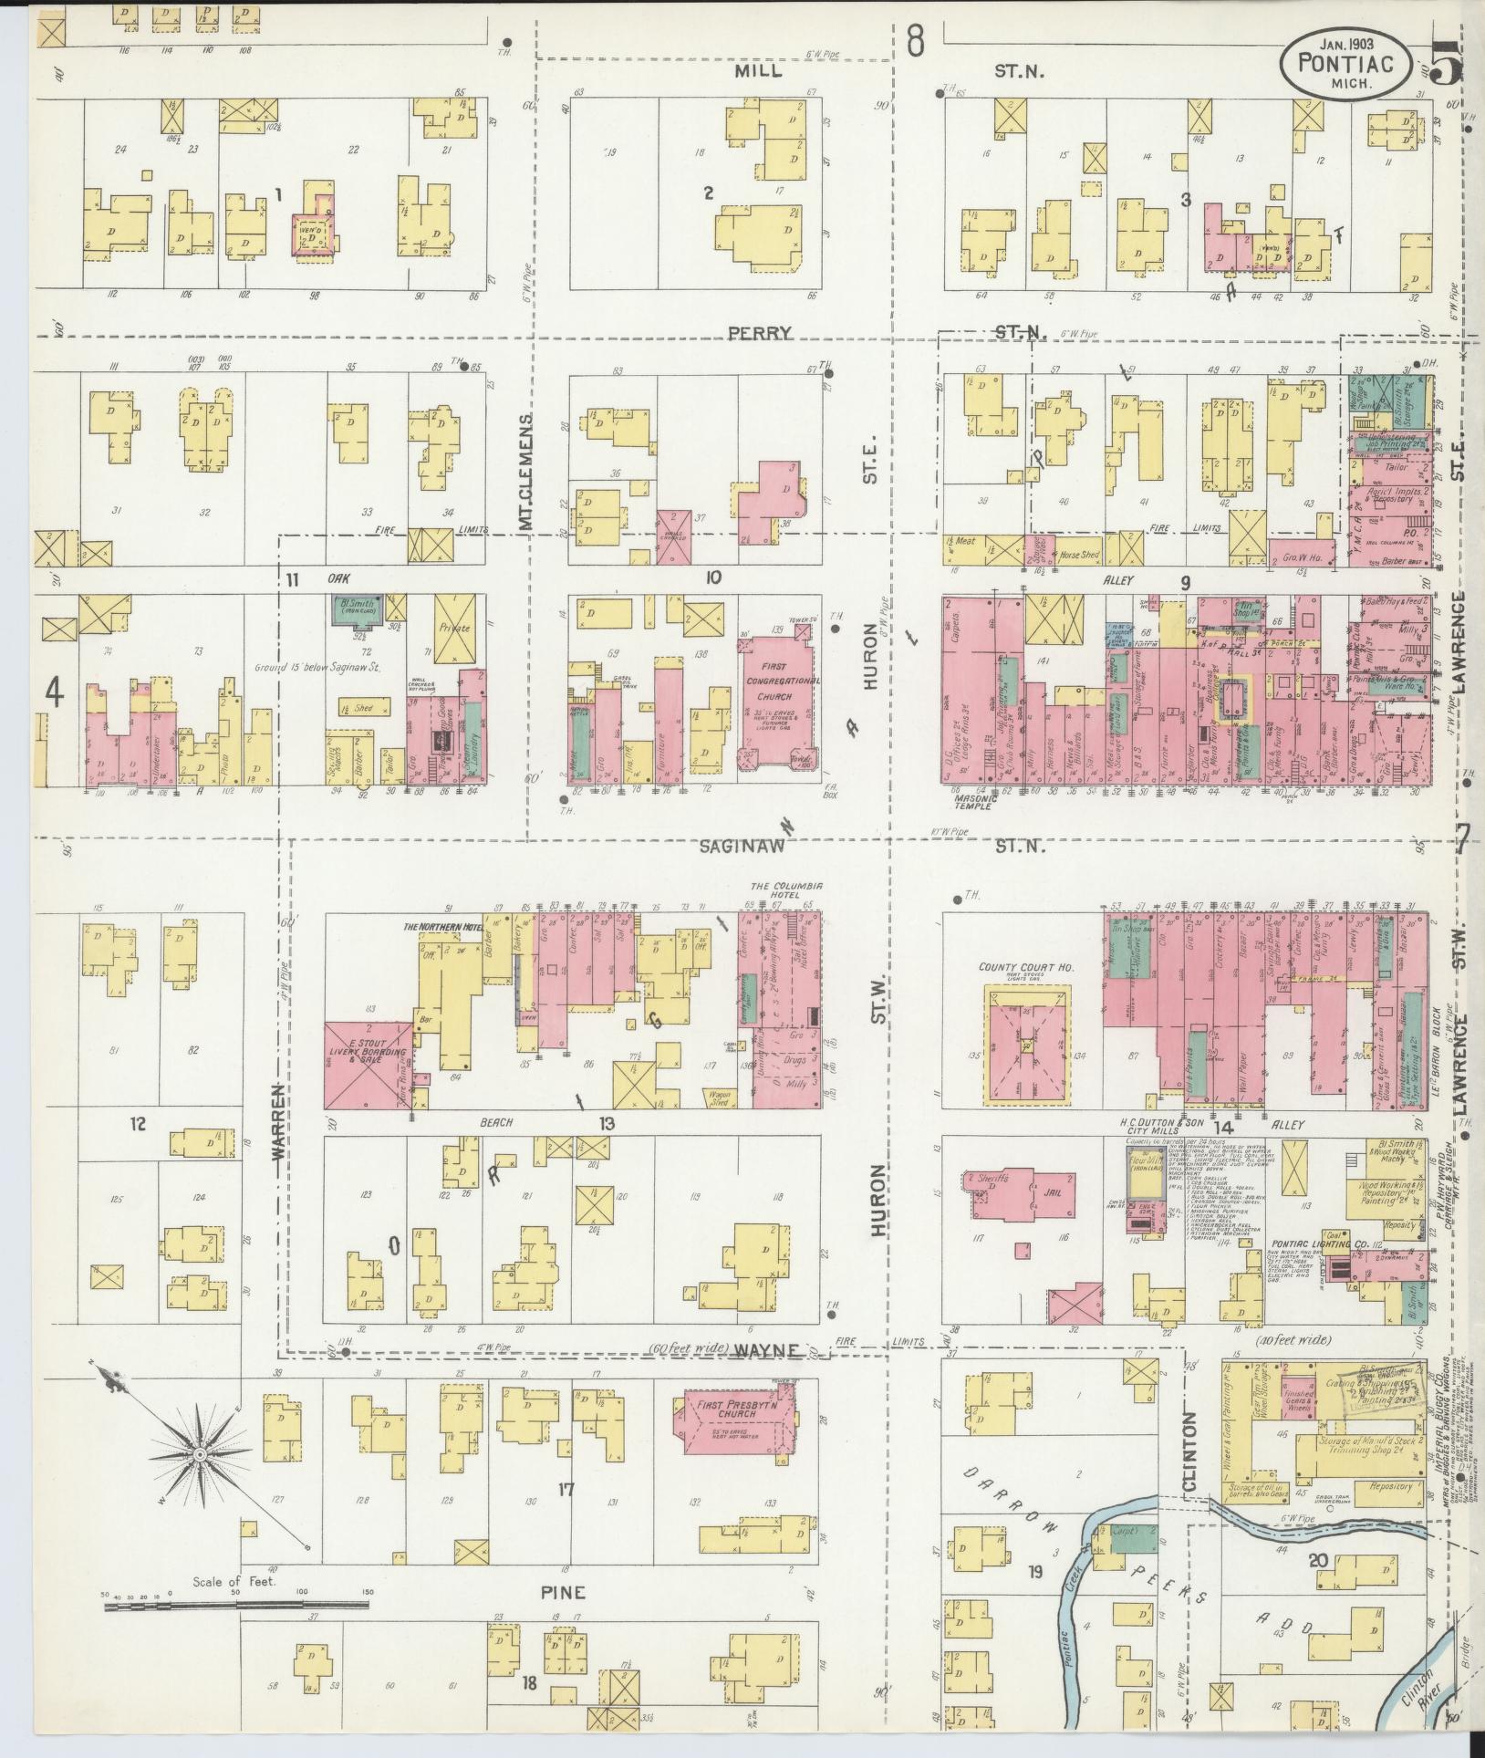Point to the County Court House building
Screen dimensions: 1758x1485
click(x=1026, y=1042)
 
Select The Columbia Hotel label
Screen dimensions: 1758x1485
click(x=787, y=890)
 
